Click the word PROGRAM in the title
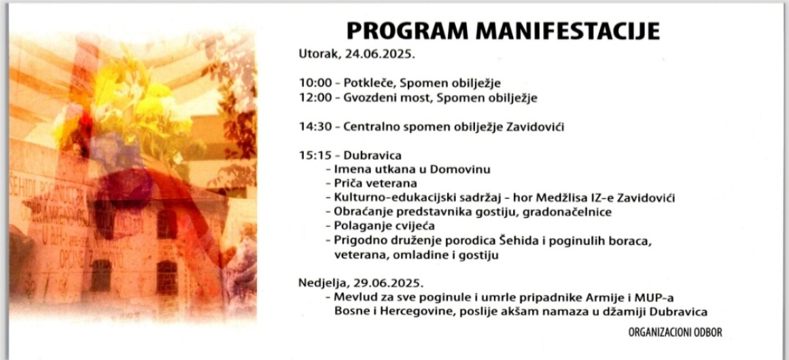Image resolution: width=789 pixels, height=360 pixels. (408, 31)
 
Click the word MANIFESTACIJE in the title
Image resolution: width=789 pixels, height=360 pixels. (567, 31)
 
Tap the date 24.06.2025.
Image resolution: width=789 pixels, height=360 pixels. (380, 54)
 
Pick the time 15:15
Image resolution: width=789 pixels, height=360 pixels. (313, 156)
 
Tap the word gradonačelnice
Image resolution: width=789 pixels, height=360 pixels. (567, 212)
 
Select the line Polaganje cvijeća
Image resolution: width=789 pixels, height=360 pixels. (385, 226)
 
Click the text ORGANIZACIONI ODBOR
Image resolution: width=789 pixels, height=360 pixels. (675, 333)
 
